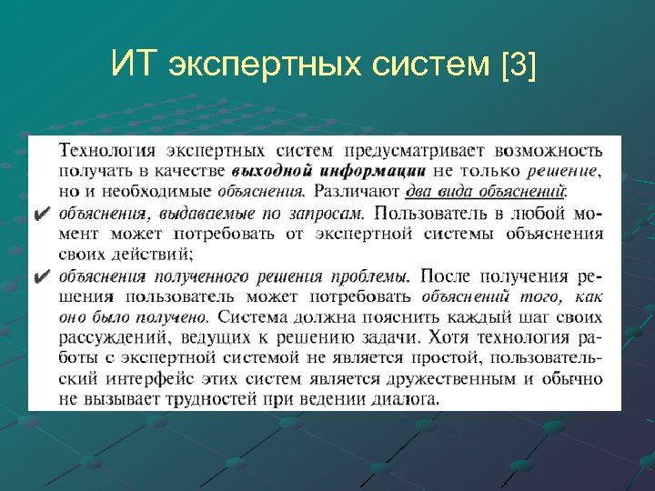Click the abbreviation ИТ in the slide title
132,66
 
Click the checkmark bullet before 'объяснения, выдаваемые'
41,215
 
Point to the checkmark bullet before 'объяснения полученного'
41,276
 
